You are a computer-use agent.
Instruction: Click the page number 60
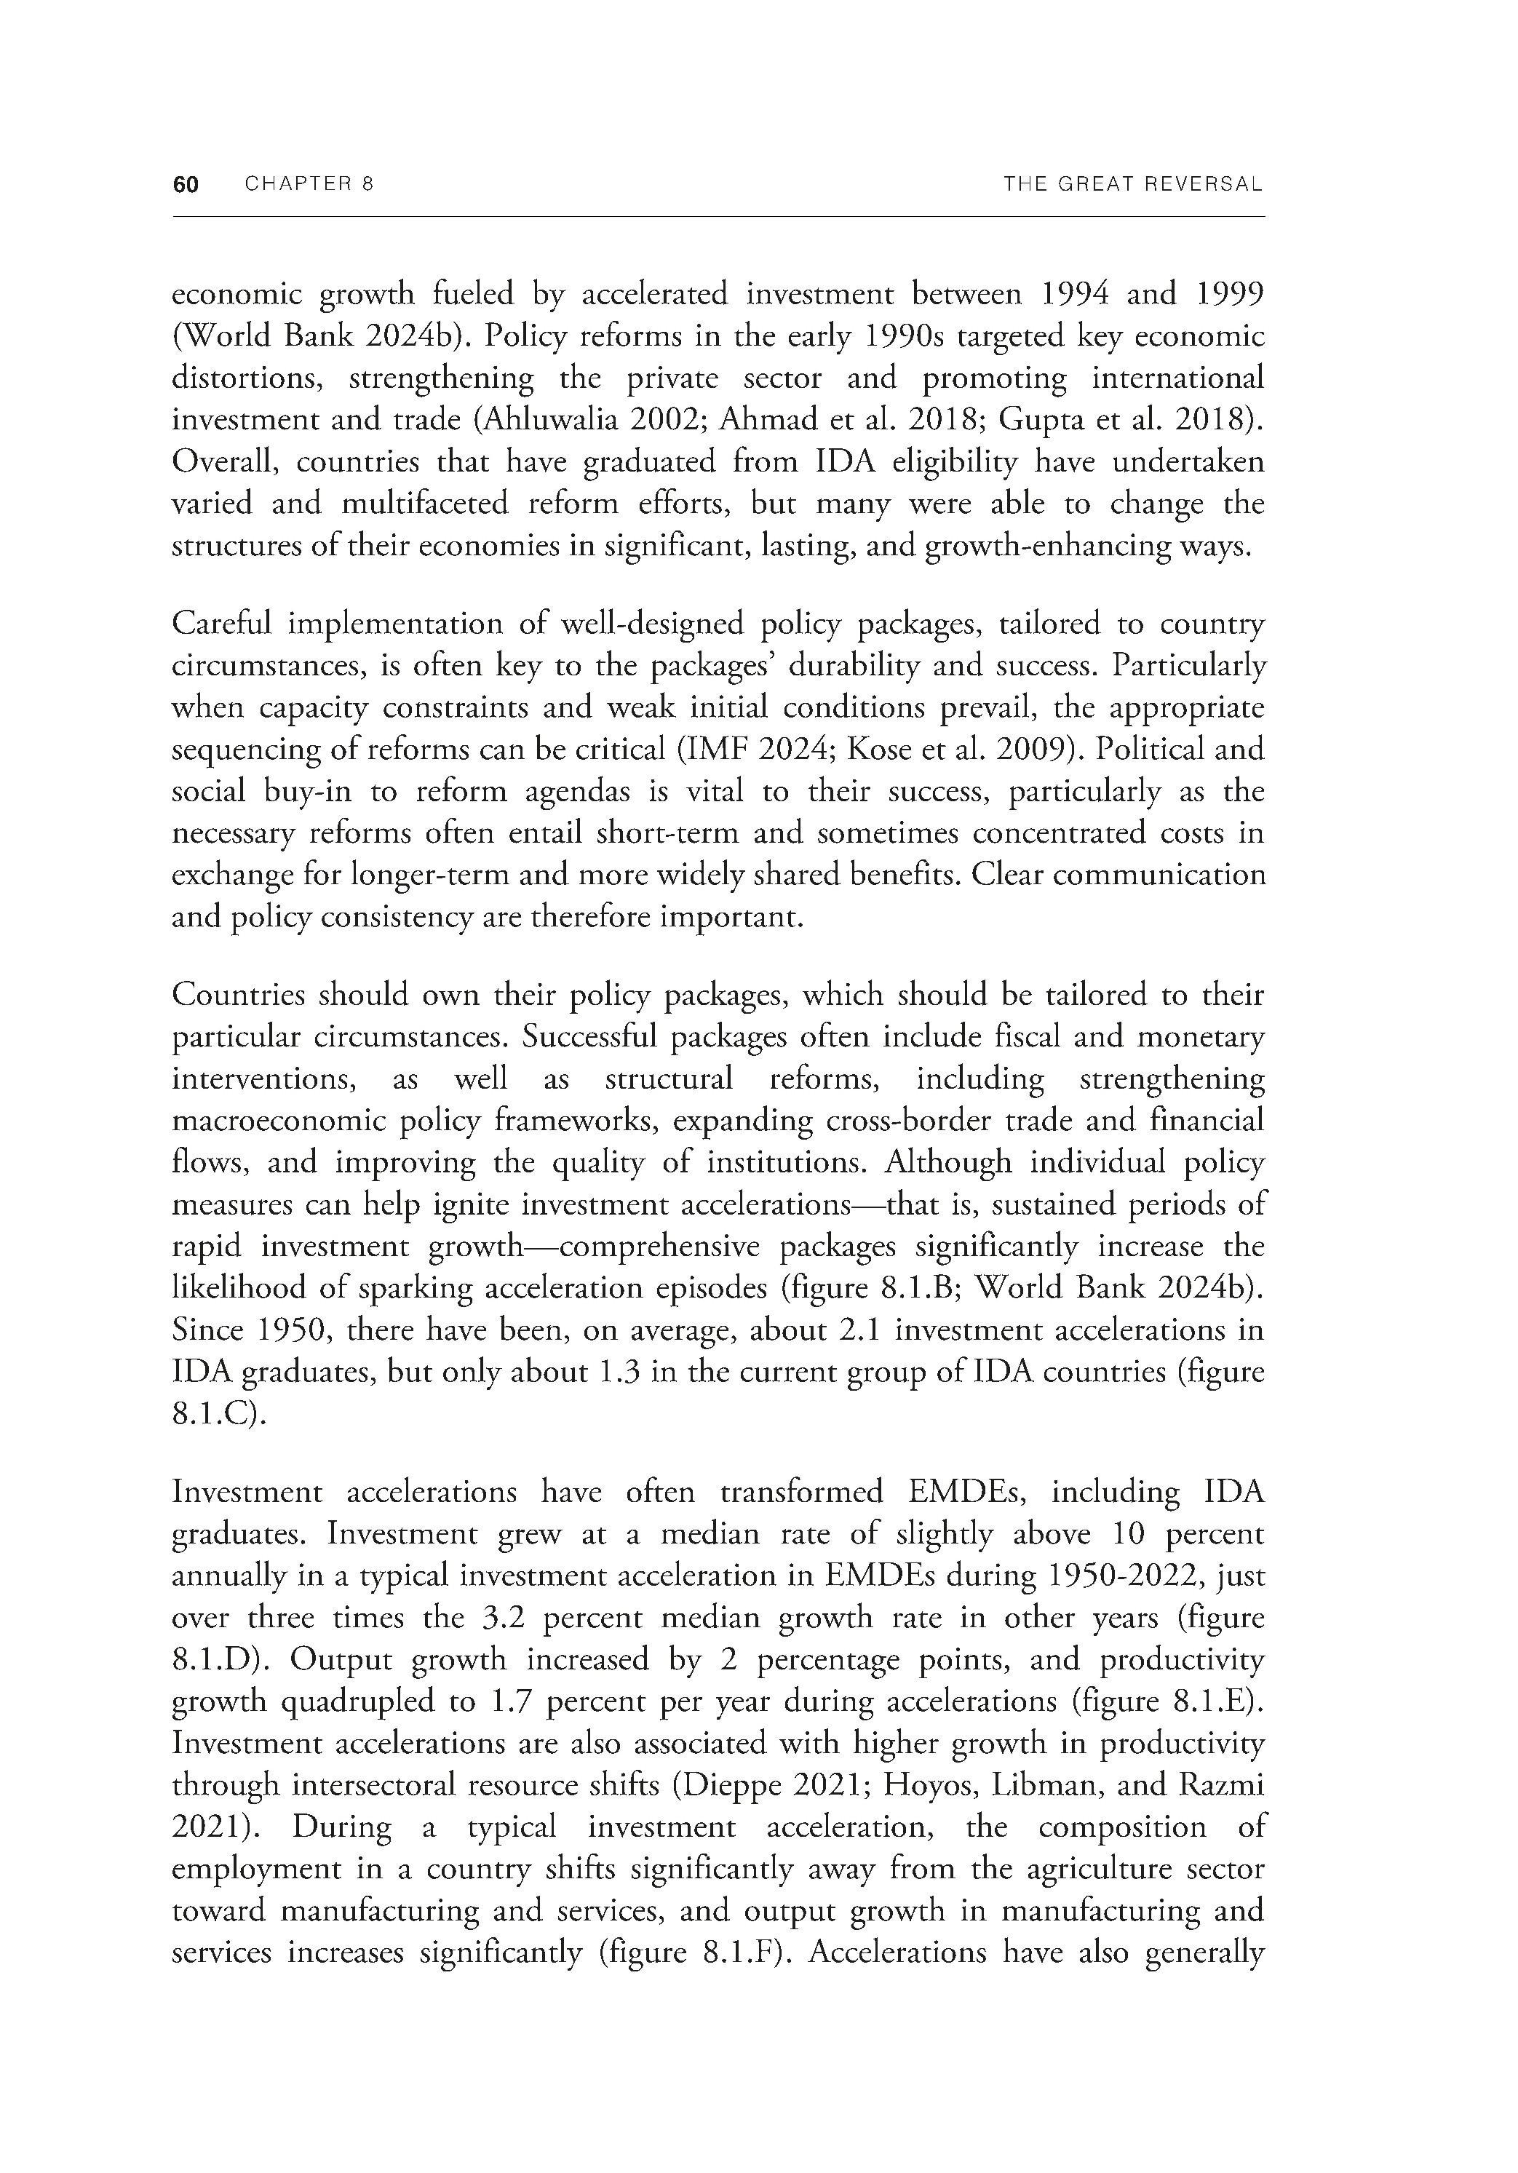tap(186, 185)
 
